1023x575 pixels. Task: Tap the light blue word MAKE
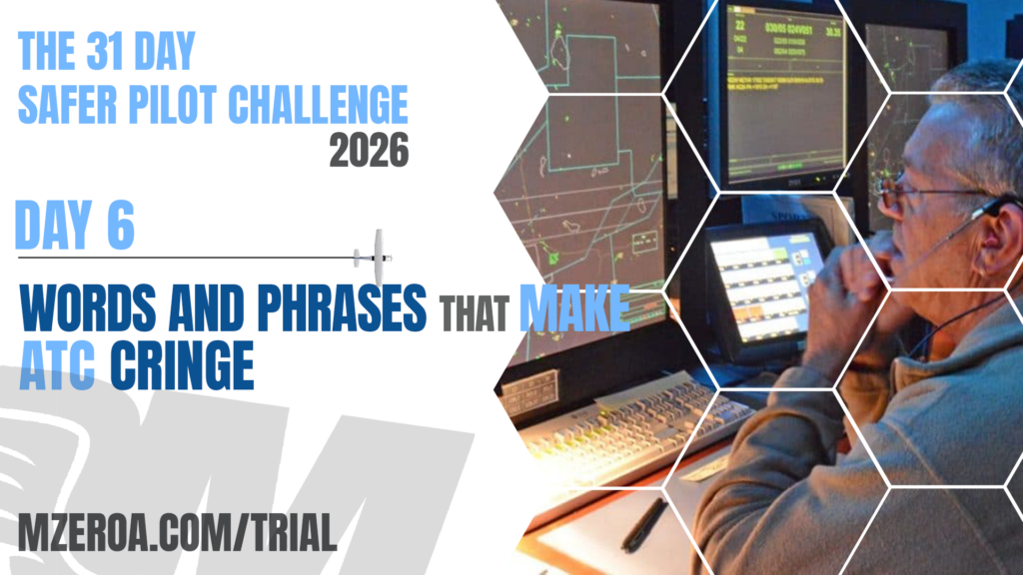[573, 309]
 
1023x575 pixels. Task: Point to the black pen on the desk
[643, 524]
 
